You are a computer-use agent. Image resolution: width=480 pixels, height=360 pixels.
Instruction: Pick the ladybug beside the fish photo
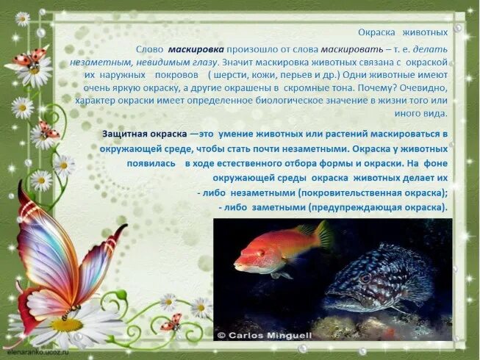[x=172, y=322]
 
